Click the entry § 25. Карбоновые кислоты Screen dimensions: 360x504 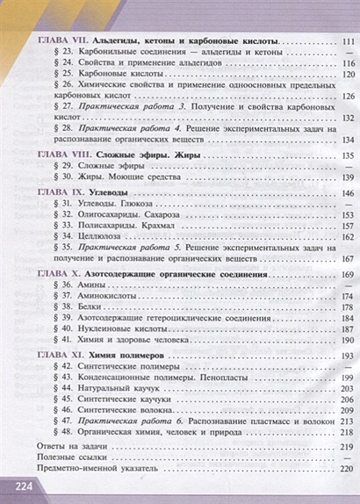pyautogui.click(x=97, y=76)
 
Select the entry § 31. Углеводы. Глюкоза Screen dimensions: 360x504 pyautogui.click(x=96, y=203)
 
